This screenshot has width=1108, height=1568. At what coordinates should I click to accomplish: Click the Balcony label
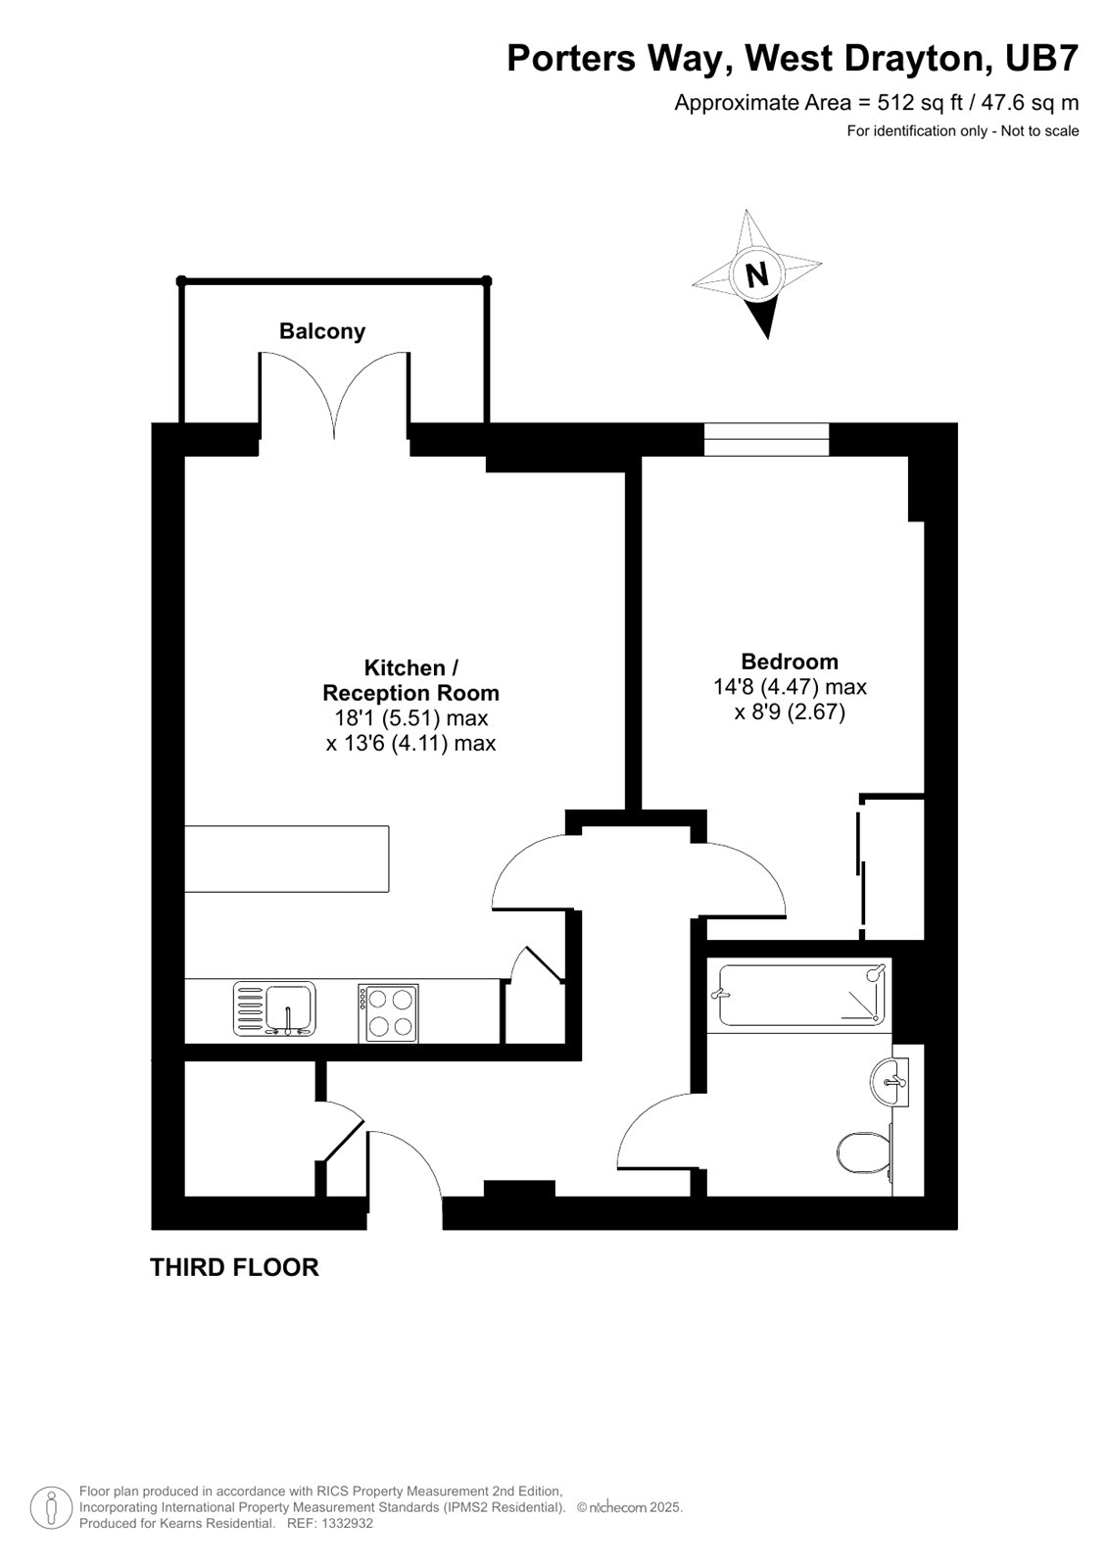pos(322,331)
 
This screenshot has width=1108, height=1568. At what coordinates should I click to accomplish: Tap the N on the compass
pos(756,274)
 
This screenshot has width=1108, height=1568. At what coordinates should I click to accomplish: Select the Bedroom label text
pos(789,661)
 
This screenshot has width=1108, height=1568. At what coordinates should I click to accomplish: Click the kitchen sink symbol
pos(275,1009)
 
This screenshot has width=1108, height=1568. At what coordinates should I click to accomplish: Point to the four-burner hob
pos(388,1012)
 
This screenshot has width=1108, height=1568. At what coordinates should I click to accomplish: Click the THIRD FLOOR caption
pos(234,1267)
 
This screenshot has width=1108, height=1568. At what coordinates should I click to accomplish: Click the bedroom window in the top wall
pos(766,439)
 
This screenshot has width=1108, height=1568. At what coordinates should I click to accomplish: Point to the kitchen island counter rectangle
pos(286,858)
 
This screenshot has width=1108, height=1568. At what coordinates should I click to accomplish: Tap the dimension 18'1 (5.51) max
pos(410,718)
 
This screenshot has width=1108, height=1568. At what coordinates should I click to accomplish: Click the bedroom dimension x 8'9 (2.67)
pos(789,712)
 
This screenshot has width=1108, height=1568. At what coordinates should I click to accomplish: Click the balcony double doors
pos(335,397)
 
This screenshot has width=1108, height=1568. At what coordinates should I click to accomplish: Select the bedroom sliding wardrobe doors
pos(861,862)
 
